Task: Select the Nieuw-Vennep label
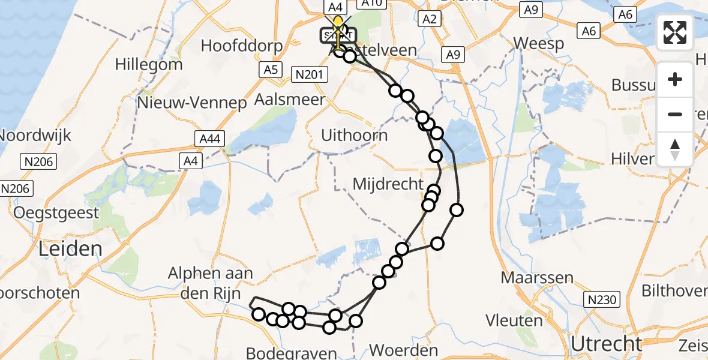[192, 103]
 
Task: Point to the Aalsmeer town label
[290, 100]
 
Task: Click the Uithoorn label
[354, 135]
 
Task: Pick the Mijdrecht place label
[388, 184]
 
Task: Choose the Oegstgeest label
[56, 212]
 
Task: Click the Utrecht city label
[606, 344]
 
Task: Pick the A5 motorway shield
[271, 70]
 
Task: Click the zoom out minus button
[675, 114]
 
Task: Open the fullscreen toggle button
[675, 32]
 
